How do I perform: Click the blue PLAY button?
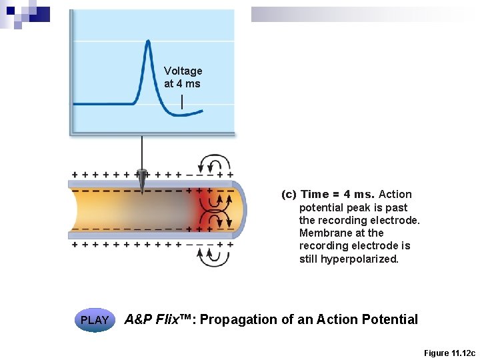pyautogui.click(x=95, y=320)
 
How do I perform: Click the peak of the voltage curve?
pyautogui.click(x=147, y=41)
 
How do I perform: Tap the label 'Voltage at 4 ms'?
pyautogui.click(x=183, y=77)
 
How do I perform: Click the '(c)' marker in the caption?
pyautogui.click(x=289, y=195)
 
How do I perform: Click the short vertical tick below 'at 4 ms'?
pyautogui.click(x=183, y=101)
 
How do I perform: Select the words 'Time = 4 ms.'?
pyautogui.click(x=338, y=195)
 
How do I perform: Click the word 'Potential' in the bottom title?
pyautogui.click(x=391, y=319)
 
